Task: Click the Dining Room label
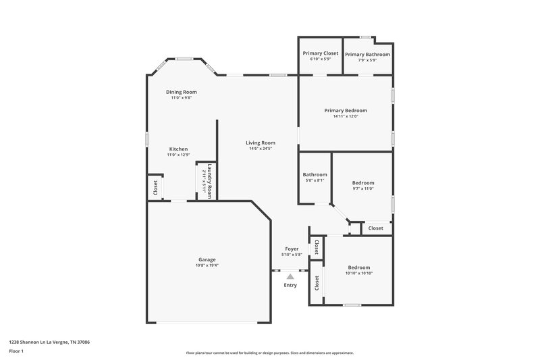[182, 92]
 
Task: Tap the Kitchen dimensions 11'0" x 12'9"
[178, 155]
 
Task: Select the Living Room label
[260, 143]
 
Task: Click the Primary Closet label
[321, 53]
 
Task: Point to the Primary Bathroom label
[367, 54]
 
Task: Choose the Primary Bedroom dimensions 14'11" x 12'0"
[345, 116]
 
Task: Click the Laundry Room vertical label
[210, 181]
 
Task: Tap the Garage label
[207, 259]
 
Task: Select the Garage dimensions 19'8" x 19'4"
[207, 265]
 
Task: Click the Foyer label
[291, 249]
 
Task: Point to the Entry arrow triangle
[290, 276]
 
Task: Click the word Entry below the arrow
[290, 285]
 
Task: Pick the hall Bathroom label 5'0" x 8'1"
[315, 174]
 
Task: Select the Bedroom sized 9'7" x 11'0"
[362, 182]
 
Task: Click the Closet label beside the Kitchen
[155, 187]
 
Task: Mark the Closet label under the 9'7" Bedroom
[376, 228]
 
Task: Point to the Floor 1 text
[18, 352]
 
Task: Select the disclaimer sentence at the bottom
[270, 353]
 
